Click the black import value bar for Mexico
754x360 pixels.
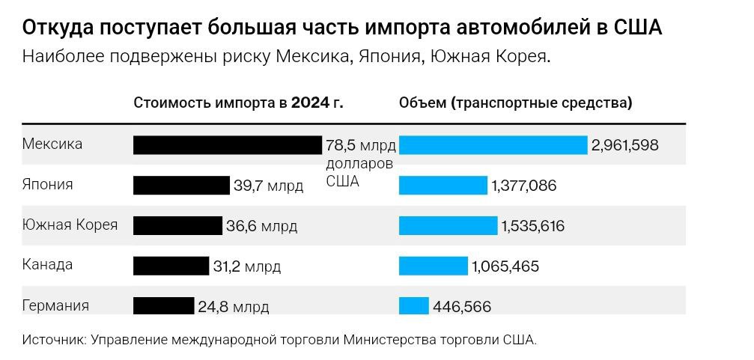228,145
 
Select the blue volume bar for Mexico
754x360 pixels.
493,145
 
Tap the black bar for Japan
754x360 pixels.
181,185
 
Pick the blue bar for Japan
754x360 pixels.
443,185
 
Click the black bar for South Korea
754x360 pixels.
177,225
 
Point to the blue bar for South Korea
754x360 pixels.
448,225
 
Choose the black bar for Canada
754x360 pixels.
171,266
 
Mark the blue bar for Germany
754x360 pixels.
413,305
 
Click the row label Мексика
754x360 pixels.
52,144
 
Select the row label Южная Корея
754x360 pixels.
70,225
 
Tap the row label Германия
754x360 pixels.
55,305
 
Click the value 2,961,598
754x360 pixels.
624,145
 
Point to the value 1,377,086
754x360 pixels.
523,186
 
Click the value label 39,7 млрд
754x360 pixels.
268,186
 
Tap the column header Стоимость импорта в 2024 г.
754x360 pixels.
238,103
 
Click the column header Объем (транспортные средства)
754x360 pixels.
515,103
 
